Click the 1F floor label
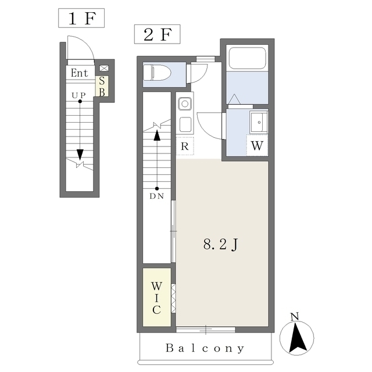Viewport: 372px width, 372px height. point(81,18)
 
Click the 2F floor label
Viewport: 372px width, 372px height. point(157,34)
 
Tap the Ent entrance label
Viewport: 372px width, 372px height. point(79,73)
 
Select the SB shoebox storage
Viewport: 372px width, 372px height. point(102,86)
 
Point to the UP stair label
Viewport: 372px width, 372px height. point(79,95)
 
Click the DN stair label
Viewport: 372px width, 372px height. point(157,196)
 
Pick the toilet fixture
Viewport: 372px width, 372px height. point(158,72)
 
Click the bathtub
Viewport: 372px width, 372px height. point(247,59)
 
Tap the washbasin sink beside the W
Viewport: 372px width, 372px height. point(259,122)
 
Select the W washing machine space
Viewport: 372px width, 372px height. point(257,145)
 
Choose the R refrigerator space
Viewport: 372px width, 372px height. point(185,146)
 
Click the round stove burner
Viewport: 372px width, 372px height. point(185,104)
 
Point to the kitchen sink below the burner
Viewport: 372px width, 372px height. point(185,124)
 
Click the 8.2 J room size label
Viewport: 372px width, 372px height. point(221,244)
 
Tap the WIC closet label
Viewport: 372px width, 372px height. point(156,298)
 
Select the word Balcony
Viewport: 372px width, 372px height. point(205,348)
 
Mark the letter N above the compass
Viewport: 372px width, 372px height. point(295,317)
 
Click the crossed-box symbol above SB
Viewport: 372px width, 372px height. point(104,68)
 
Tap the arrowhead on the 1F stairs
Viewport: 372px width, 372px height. point(80,155)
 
